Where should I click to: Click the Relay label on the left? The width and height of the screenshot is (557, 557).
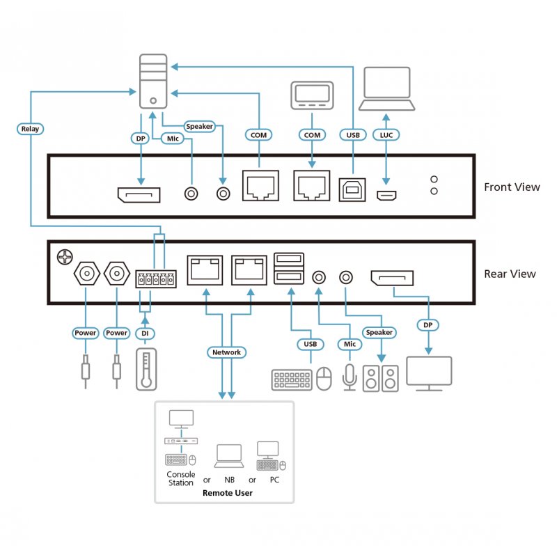[30, 129]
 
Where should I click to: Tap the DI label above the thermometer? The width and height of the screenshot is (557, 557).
[145, 333]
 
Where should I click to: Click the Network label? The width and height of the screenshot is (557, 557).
[226, 352]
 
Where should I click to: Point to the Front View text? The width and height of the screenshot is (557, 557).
[512, 187]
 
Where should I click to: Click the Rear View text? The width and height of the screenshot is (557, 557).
[510, 274]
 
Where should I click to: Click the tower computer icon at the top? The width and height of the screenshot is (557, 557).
[152, 83]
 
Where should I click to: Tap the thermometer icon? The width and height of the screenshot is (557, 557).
[144, 369]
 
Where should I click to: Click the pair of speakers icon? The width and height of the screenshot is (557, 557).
[381, 378]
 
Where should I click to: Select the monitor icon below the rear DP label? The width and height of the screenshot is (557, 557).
[428, 373]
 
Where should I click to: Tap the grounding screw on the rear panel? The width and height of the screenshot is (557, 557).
[64, 257]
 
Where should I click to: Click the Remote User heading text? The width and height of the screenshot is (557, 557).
[227, 493]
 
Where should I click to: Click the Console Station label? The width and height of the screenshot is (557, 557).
[180, 478]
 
